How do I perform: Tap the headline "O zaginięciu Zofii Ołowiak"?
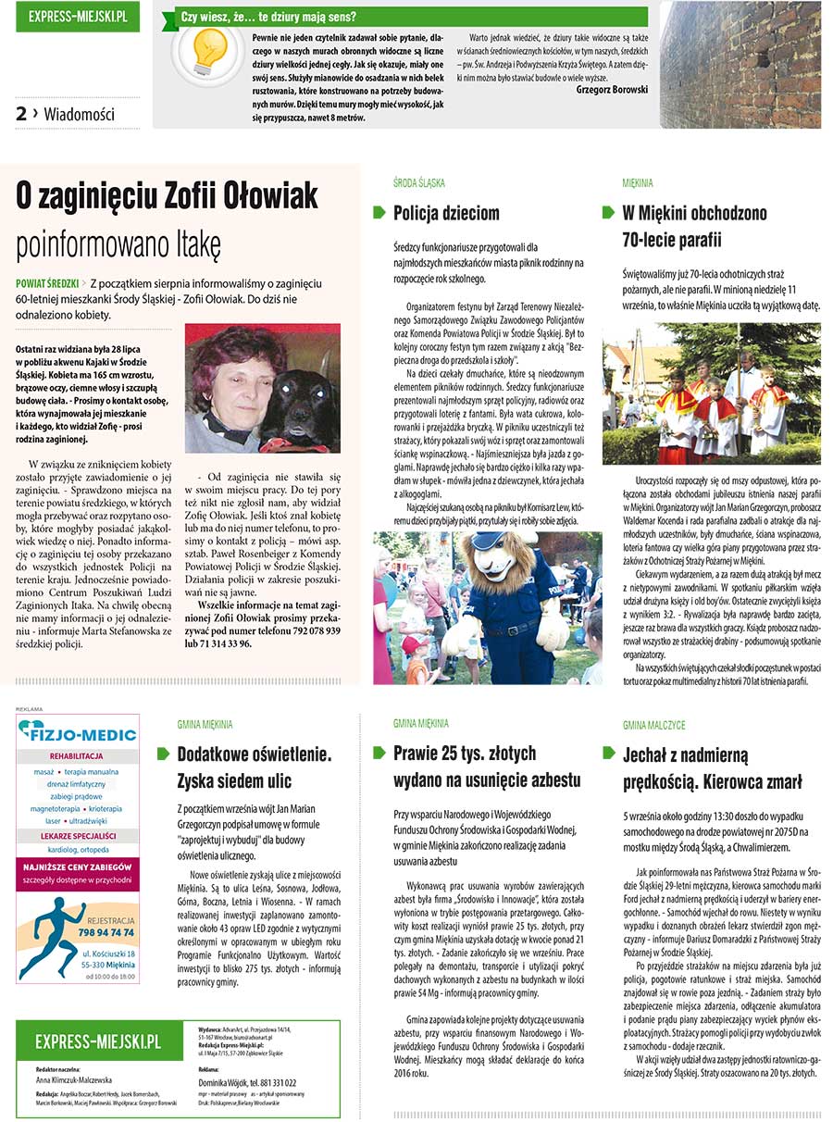tap(168, 196)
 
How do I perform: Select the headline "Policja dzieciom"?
tap(446, 214)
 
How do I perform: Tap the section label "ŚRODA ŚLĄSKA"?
tap(418, 183)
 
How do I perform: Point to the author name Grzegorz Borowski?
tap(612, 90)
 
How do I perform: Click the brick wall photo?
tap(740, 64)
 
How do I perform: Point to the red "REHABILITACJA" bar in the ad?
tap(78, 755)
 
